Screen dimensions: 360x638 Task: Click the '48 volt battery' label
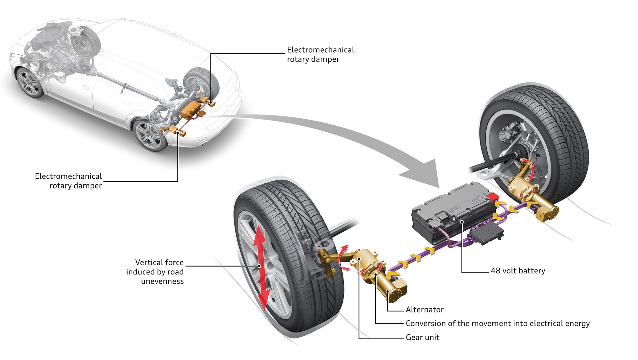pos(518,271)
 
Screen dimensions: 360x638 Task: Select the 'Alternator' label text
pos(425,309)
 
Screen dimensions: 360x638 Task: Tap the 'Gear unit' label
pos(423,337)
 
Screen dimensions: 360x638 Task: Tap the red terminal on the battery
pos(493,197)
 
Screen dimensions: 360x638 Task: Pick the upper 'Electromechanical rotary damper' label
pos(320,54)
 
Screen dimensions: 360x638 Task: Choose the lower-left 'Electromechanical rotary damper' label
pos(68,181)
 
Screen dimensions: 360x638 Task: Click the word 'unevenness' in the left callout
pos(162,281)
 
